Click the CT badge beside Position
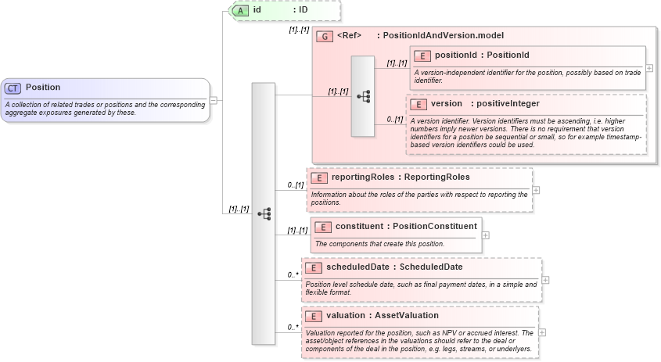point(13,88)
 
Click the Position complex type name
point(43,88)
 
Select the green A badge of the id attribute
point(240,10)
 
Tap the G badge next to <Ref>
point(325,36)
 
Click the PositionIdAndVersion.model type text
point(443,36)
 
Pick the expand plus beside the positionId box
point(649,68)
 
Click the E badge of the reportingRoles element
point(319,177)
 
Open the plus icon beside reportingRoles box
point(536,189)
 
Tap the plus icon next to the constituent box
point(486,235)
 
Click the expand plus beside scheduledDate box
point(545,279)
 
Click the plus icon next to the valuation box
point(542,332)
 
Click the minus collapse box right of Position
point(214,100)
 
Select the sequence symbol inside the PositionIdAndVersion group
point(363,96)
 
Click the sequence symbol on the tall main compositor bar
point(264,213)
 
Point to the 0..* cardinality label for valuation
point(293,327)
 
